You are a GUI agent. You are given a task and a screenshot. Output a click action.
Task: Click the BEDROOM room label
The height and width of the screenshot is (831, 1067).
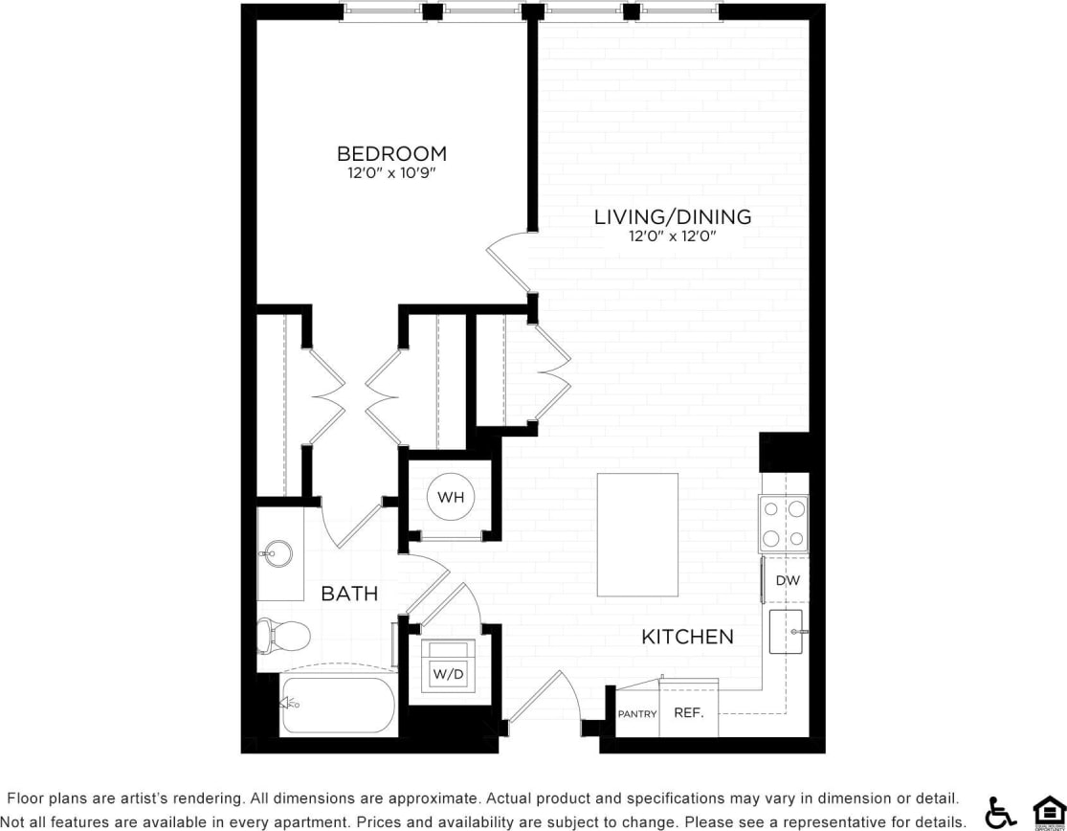[x=391, y=153]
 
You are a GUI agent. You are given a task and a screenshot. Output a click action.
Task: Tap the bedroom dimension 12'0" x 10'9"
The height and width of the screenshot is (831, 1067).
[x=391, y=173]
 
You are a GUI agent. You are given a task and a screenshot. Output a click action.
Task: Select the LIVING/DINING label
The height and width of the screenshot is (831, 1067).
[x=672, y=216]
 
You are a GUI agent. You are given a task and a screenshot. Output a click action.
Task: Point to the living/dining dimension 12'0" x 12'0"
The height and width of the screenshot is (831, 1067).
[x=672, y=236]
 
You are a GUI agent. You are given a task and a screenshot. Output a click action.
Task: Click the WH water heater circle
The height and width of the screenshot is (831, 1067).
[x=451, y=497]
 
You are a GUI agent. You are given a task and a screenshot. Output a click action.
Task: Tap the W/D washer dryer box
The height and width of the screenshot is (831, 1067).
[x=448, y=674]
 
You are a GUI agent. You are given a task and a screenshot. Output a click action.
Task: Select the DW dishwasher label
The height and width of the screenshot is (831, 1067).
[x=787, y=580]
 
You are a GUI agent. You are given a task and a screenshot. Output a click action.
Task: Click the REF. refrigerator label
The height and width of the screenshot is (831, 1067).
[x=689, y=713]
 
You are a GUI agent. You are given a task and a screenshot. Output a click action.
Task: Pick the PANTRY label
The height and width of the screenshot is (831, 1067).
[x=636, y=714]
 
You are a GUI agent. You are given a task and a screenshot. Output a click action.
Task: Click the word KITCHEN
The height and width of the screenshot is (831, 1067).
[x=687, y=637]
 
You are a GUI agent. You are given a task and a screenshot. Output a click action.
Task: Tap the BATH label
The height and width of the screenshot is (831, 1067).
[x=349, y=594]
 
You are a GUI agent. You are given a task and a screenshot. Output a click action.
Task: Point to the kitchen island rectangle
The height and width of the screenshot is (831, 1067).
[x=637, y=534]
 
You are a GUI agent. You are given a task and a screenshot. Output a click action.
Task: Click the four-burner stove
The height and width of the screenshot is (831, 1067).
[x=784, y=523]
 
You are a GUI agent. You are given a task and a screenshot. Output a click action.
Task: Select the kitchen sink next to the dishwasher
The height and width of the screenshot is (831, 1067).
[x=786, y=632]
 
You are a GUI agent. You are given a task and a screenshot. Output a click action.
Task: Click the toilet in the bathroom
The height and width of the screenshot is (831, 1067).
[x=283, y=634]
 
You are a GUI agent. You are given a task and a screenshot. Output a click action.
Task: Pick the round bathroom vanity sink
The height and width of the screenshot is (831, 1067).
[x=278, y=552]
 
